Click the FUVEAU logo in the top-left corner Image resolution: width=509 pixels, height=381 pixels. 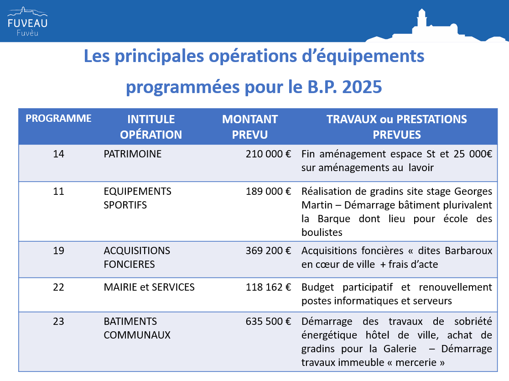pyautogui.click(x=27, y=21)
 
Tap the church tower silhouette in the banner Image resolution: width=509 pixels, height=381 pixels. pyautogui.click(x=422, y=19)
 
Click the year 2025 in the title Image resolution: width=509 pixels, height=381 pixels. pyautogui.click(x=362, y=87)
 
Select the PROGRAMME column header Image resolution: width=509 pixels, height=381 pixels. pyautogui.click(x=58, y=118)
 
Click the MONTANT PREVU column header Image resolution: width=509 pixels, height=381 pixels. pyautogui.click(x=250, y=127)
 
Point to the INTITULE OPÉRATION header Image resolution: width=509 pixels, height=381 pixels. pyautogui.click(x=151, y=127)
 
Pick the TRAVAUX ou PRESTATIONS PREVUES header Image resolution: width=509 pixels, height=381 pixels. pyautogui.click(x=397, y=127)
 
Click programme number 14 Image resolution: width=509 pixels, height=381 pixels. pyautogui.click(x=58, y=154)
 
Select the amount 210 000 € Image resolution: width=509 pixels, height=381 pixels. pyautogui.click(x=269, y=154)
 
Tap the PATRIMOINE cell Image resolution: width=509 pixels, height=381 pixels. pyautogui.click(x=132, y=154)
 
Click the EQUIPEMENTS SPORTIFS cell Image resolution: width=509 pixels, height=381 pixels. pyautogui.click(x=137, y=198)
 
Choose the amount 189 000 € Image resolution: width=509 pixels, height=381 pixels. pyautogui.click(x=269, y=191)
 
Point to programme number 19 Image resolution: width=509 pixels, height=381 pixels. pyautogui.click(x=58, y=251)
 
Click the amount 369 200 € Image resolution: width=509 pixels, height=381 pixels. pyautogui.click(x=269, y=251)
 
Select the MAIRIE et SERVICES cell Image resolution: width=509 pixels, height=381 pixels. pyautogui.click(x=149, y=287)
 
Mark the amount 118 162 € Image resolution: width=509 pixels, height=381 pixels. pyautogui.click(x=269, y=287)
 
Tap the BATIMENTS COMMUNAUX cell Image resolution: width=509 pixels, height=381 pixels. pyautogui.click(x=137, y=328)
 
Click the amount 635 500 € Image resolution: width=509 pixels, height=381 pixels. pyautogui.click(x=269, y=321)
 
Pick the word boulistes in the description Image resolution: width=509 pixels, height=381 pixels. pyautogui.click(x=322, y=232)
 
